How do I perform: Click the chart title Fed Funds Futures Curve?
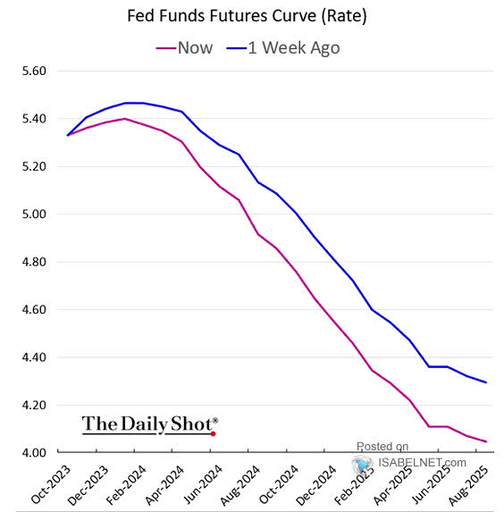pyautogui.click(x=248, y=16)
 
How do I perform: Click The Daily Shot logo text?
pyautogui.click(x=149, y=423)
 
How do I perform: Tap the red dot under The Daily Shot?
pyautogui.click(x=213, y=433)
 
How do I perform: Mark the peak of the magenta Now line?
pyautogui.click(x=125, y=119)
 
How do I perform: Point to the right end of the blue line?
pyautogui.click(x=486, y=382)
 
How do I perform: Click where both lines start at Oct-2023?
pyautogui.click(x=68, y=135)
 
